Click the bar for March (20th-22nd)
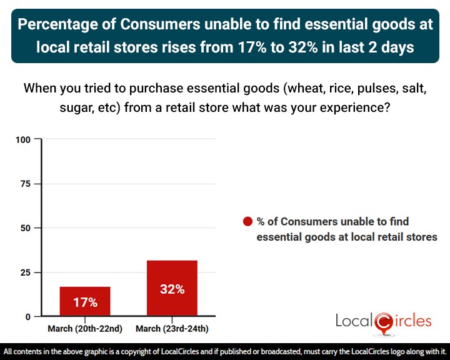pyautogui.click(x=85, y=301)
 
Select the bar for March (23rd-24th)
pyautogui.click(x=172, y=288)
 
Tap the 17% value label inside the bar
pyautogui.click(x=85, y=302)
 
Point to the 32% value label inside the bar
pyautogui.click(x=172, y=289)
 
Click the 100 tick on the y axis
pyautogui.click(x=23, y=139)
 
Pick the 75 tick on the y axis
pyautogui.click(x=25, y=184)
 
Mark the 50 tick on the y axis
pyautogui.click(x=25, y=228)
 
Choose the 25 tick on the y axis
pyautogui.click(x=25, y=272)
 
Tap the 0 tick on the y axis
pyautogui.click(x=27, y=317)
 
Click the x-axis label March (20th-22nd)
pyautogui.click(x=85, y=329)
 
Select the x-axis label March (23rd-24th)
pyautogui.click(x=172, y=329)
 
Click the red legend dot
pyautogui.click(x=247, y=221)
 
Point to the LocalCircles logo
pyautogui.click(x=383, y=322)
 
